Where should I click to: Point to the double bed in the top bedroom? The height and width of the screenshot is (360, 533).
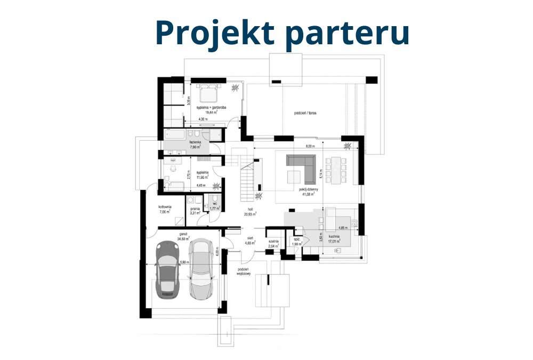tap(206, 94)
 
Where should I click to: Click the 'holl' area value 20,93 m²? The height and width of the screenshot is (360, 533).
tap(251, 214)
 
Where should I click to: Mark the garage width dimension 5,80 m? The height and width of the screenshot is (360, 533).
tap(183, 262)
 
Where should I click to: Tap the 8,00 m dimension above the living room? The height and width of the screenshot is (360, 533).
tap(310, 146)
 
